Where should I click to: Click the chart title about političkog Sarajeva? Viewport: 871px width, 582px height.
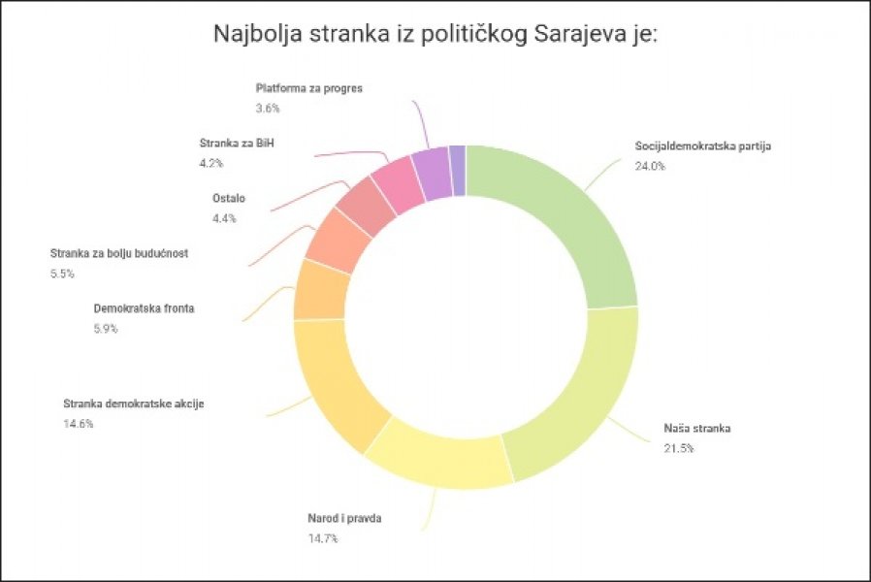pos(435,36)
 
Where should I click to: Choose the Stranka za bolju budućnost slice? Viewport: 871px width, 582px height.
pos(336,239)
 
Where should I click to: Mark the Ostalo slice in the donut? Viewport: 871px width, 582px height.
pos(365,206)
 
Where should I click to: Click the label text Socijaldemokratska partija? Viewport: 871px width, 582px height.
pos(702,146)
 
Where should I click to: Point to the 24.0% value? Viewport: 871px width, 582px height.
pos(650,166)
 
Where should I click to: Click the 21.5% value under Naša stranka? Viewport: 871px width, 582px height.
pos(679,448)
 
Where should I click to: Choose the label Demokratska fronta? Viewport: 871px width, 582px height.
pos(145,308)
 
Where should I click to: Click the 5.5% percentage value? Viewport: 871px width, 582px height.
pos(64,275)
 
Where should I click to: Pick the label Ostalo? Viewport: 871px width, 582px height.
pos(229,199)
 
